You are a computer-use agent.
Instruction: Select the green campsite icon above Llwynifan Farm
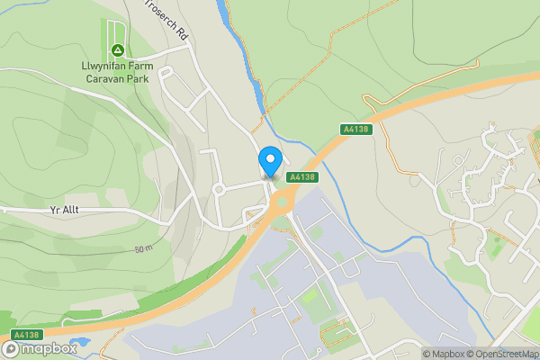point(117,49)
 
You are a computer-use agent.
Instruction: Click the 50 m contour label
point(144,248)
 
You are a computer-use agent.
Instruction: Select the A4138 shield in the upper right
point(355,130)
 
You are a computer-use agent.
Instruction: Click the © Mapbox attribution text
point(443,354)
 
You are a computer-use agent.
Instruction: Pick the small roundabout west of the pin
point(218,190)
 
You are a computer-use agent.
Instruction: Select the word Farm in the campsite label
point(140,67)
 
